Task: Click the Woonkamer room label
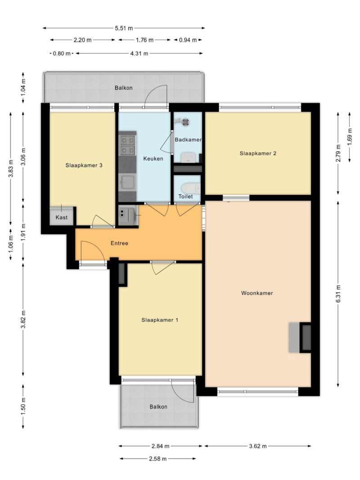(257, 293)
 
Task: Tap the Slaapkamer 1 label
(160, 320)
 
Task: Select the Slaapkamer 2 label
(258, 153)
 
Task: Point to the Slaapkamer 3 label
(84, 165)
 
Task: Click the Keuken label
(153, 158)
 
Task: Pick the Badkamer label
(188, 139)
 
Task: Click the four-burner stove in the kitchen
(127, 145)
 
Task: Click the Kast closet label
(62, 217)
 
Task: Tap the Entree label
(119, 243)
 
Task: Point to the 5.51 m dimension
(124, 28)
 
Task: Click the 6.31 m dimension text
(338, 294)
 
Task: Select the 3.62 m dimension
(258, 446)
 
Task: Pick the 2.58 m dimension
(157, 458)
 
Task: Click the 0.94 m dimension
(188, 40)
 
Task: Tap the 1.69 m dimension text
(350, 136)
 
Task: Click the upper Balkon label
(124, 88)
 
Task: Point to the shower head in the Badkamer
(185, 121)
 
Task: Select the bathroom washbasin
(188, 157)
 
